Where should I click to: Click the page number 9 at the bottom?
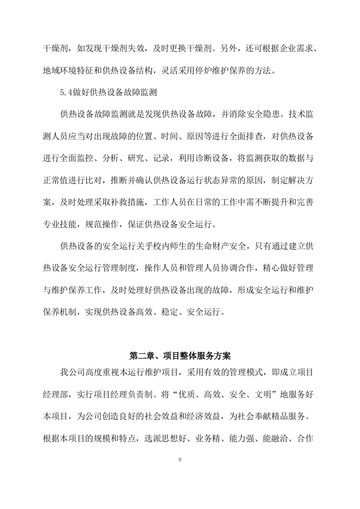(180, 460)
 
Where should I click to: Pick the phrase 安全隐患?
(261, 115)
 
